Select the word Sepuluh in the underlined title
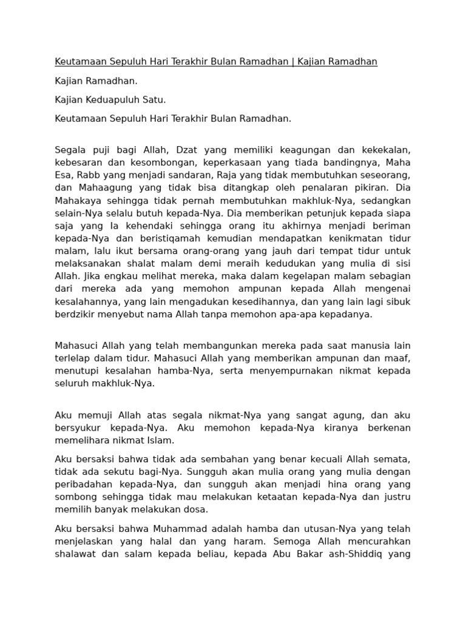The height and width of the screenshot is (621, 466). [130, 62]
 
